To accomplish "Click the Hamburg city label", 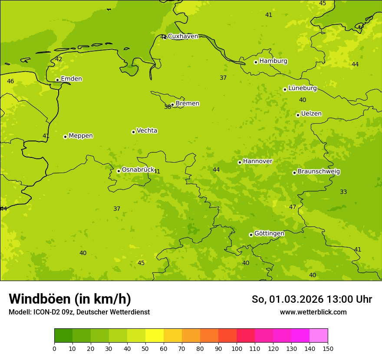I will coord(273,61).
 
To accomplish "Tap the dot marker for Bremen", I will coord(172,105).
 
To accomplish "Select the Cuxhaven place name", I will coord(183,36).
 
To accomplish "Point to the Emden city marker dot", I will coord(57,80).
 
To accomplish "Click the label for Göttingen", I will coord(269,234).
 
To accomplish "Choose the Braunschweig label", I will coord(319,172).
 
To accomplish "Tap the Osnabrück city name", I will coord(138,170).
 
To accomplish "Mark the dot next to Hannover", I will coord(240,162).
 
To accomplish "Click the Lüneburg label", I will coord(302,88).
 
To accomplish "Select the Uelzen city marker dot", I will coord(298,115).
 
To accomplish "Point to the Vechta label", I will coord(147,131).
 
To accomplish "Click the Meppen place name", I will coord(81,136).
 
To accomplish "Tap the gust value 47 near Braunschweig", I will coord(293,207).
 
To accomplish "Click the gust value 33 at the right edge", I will coord(343,192).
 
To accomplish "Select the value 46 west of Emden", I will coord(10,81).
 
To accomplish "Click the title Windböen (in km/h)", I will coord(70,299).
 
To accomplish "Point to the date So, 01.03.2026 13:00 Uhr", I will coord(312,299).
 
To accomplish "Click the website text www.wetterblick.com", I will coord(313,312).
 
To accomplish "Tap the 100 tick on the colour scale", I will coord(237,348).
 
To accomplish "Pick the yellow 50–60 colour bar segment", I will coord(155,336).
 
